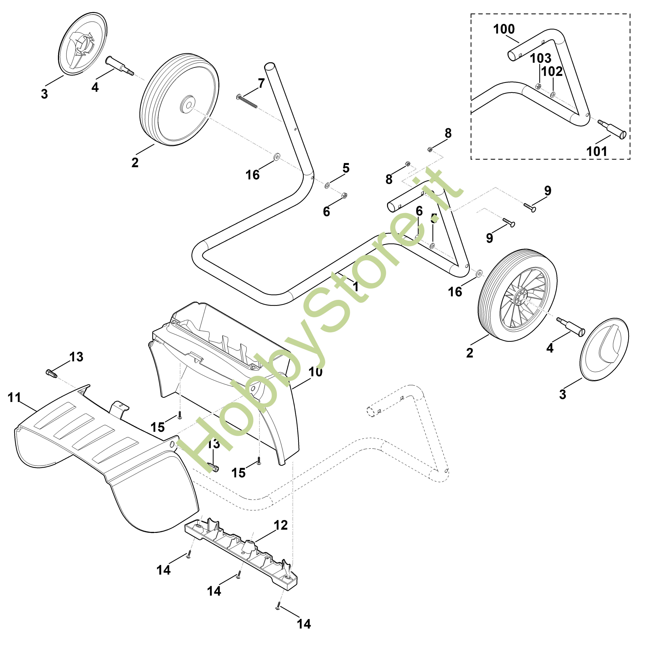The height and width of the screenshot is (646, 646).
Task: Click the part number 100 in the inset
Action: click(504, 29)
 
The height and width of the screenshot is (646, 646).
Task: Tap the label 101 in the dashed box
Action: click(597, 151)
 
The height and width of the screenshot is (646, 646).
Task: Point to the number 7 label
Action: click(261, 83)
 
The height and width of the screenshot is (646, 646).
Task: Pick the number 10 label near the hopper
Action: click(315, 372)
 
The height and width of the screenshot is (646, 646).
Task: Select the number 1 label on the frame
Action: click(355, 287)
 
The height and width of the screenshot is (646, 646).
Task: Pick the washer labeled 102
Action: click(553, 95)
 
